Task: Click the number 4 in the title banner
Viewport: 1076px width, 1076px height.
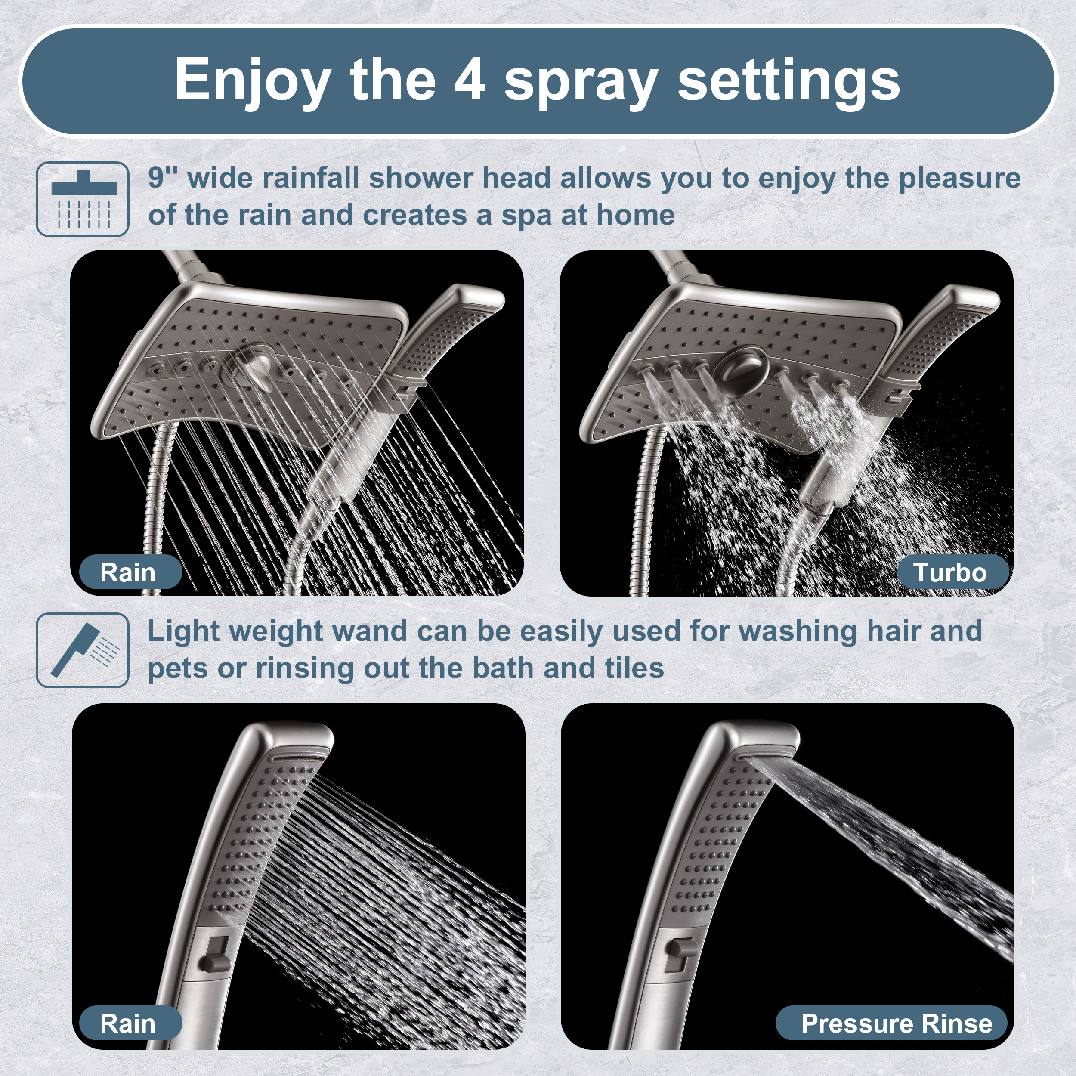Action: [x=469, y=80]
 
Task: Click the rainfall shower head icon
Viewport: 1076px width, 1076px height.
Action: [x=83, y=199]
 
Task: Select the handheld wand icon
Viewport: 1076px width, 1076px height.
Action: [x=83, y=650]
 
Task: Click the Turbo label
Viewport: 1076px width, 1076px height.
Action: [x=949, y=572]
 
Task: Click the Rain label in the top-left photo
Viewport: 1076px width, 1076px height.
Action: [x=128, y=572]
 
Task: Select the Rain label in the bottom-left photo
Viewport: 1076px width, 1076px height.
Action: [x=128, y=1023]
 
